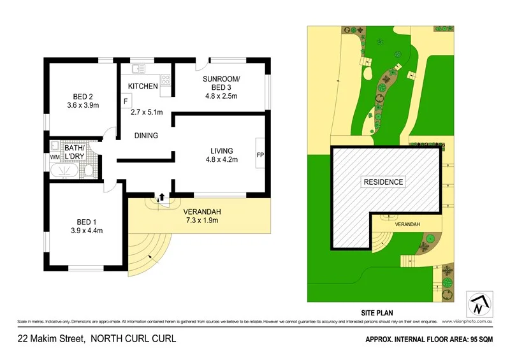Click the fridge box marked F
click(x=126, y=101)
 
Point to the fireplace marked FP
click(x=259, y=155)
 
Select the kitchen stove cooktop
click(x=165, y=80)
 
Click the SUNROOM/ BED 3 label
click(x=220, y=83)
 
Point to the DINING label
click(x=146, y=136)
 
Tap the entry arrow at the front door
click(x=162, y=198)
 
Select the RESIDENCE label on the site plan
click(x=383, y=182)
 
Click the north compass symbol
click(x=478, y=305)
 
